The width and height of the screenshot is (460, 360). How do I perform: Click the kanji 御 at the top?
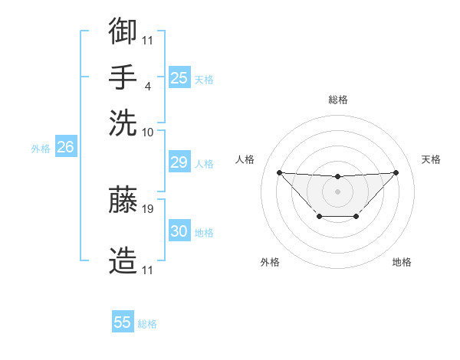[123, 31]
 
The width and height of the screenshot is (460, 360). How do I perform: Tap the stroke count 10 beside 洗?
[148, 133]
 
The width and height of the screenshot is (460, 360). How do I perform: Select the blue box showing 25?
[179, 78]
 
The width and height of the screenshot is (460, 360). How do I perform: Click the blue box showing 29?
[179, 162]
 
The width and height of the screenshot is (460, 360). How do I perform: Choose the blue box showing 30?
[179, 231]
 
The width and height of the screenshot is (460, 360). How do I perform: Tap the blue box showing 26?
[65, 148]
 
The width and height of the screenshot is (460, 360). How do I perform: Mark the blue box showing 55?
[123, 322]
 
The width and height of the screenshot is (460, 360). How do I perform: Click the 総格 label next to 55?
[147, 324]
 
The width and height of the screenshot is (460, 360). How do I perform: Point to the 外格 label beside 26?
[41, 149]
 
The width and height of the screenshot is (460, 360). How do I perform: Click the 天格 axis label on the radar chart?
[431, 159]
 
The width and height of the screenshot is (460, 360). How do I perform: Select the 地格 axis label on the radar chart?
[402, 262]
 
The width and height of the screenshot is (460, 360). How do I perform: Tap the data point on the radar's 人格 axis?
[279, 172]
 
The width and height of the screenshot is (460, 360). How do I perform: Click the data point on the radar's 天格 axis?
[396, 172]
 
